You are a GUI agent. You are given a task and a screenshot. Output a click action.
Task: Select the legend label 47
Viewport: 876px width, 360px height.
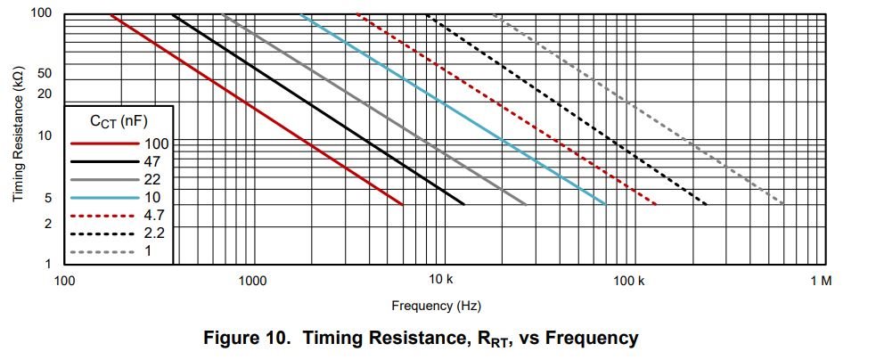[151, 161]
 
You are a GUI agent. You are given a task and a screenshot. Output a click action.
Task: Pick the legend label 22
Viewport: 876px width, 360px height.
[151, 179]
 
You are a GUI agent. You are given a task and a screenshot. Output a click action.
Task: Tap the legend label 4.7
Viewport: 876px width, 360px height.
[153, 215]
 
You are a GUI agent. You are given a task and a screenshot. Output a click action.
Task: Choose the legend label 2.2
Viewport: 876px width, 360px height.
[153, 233]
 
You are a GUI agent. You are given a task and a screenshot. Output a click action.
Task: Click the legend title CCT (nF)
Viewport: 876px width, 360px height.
[116, 122]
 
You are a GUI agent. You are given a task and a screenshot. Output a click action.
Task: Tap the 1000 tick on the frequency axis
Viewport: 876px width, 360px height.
[252, 281]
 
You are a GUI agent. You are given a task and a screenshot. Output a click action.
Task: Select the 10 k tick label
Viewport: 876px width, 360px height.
[441, 281]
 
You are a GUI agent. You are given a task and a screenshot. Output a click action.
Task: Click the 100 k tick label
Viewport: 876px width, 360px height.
[629, 281]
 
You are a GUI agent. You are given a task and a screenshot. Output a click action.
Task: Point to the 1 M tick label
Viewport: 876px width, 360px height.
[821, 281]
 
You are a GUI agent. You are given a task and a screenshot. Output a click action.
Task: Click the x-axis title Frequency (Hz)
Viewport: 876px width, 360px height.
[437, 306]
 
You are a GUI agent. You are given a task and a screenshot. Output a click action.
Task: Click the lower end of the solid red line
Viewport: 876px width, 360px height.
[403, 205]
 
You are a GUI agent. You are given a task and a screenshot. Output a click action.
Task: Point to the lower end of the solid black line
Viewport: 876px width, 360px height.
[464, 205]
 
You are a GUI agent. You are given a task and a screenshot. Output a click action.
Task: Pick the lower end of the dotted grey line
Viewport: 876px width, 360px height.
[783, 205]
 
